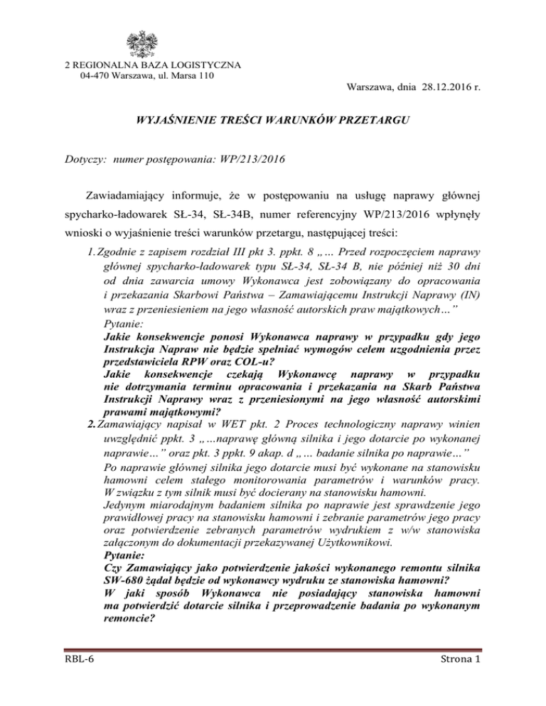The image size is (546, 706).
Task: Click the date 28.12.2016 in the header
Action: tap(440, 87)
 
